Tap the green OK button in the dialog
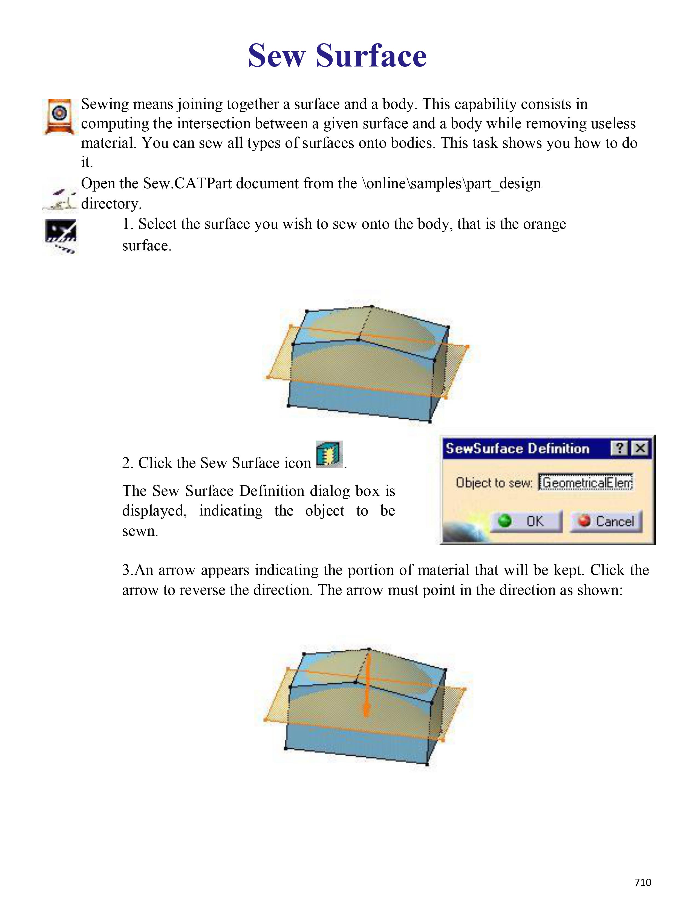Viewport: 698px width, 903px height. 526,521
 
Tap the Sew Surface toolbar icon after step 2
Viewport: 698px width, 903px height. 329,455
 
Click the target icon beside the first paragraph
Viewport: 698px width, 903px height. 60,116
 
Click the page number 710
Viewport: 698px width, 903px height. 643,882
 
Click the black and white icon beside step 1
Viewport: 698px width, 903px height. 60,236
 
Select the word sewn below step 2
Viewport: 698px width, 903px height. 140,531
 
